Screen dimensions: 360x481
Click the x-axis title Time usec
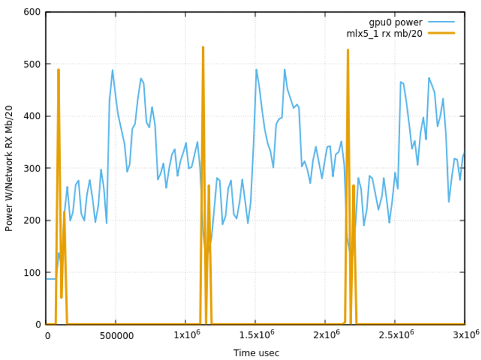point(256,353)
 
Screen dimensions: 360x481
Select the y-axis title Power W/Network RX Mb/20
point(9,168)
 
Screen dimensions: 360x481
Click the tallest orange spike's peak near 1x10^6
point(203,47)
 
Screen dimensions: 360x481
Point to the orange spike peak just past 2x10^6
point(347,50)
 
